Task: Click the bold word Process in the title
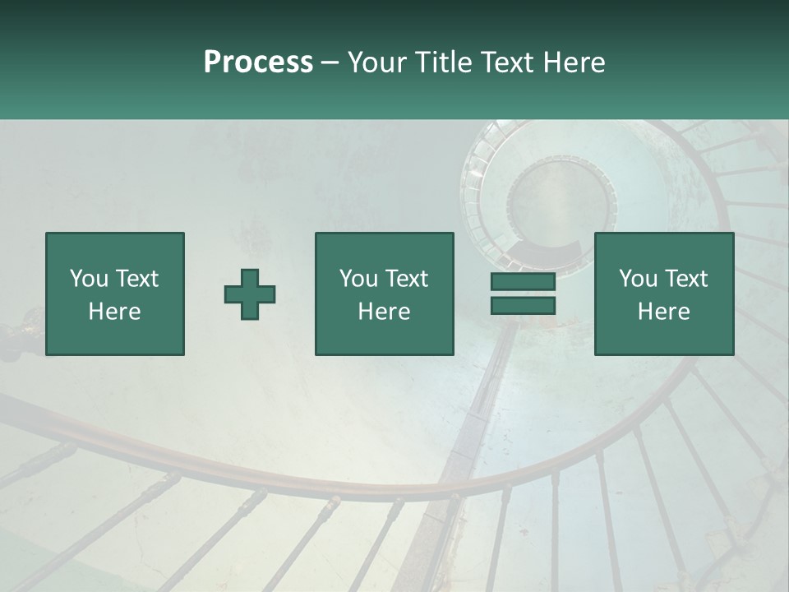tap(258, 62)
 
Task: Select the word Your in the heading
tap(376, 62)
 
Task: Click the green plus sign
tap(250, 294)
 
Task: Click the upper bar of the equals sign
tap(523, 282)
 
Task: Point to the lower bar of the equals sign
tap(523, 306)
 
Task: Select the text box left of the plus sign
tap(115, 294)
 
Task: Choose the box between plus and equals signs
tap(385, 294)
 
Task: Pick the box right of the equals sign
tap(664, 294)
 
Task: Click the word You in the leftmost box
tap(89, 279)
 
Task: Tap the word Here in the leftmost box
tap(115, 312)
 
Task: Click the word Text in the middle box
tap(407, 279)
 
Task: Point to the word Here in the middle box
tap(385, 312)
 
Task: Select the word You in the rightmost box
tap(638, 279)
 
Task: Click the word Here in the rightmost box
tap(664, 312)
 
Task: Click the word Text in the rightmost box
tap(686, 279)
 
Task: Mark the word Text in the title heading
tap(503, 62)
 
